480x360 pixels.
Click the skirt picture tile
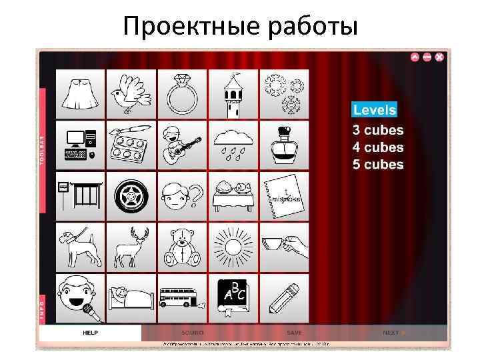(x=81, y=94)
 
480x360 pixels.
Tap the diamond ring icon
(x=182, y=94)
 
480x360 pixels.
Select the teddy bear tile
(x=182, y=247)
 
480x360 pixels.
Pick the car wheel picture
(x=131, y=197)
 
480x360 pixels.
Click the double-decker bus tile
(x=182, y=298)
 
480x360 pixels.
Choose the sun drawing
(x=233, y=247)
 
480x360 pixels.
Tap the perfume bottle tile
(x=285, y=145)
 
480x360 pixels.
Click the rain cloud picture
(x=233, y=145)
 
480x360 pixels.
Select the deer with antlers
(x=131, y=247)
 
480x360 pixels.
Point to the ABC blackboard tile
(x=233, y=298)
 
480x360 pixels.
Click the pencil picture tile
(x=285, y=298)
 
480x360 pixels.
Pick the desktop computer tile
(x=81, y=145)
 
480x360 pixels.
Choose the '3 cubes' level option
(x=378, y=130)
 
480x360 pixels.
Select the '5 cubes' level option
(x=378, y=165)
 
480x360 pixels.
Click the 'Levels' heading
(x=374, y=110)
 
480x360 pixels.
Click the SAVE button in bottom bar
(x=294, y=332)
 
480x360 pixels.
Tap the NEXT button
(x=393, y=332)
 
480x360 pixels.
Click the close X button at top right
(x=439, y=57)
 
